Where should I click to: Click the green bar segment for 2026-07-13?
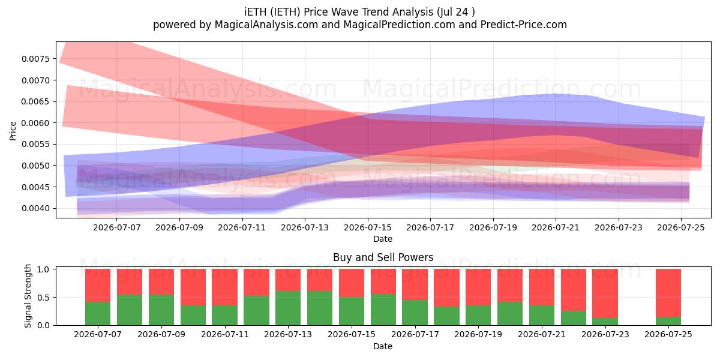coord(288,308)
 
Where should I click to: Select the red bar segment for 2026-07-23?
coord(605,293)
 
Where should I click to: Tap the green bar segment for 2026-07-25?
coord(668,321)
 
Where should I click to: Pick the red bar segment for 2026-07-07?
coord(98,286)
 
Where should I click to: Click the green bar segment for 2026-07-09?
coord(161,310)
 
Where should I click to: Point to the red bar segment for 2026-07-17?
coord(415,284)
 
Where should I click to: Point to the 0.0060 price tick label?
coord(36,123)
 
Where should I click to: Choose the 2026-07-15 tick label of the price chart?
coord(368,227)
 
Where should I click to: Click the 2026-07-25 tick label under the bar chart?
coord(668,334)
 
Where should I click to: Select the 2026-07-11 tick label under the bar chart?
coord(225,334)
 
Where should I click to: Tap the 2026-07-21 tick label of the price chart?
coord(556,227)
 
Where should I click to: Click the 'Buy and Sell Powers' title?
coord(383,257)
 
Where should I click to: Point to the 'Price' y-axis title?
coord(13,131)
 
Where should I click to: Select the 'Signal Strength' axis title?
coord(28,296)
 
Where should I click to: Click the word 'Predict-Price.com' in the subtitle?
coord(524,25)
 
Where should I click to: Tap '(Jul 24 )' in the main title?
coord(456,12)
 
